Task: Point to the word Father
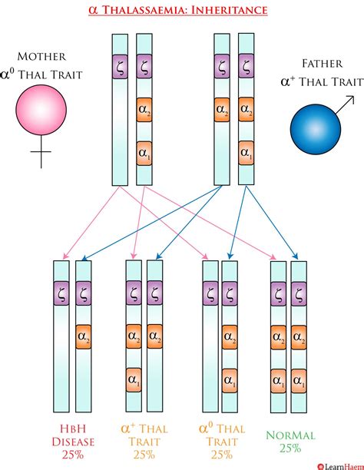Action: coord(316,64)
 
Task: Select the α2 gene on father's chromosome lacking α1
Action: coord(221,110)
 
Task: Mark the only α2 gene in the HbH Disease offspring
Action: coord(84,335)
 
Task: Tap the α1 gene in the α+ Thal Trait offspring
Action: coord(134,378)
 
